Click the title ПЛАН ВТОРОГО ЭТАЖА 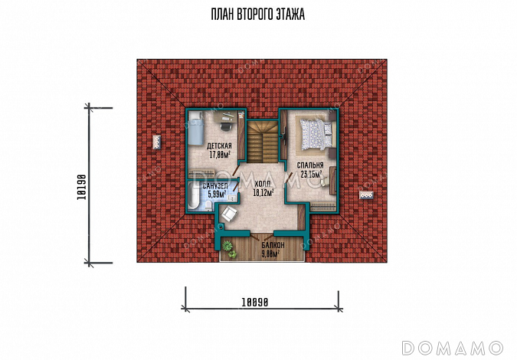pyautogui.click(x=258, y=15)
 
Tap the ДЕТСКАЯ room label pyautogui.click(x=219, y=146)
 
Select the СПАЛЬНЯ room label pyautogui.click(x=310, y=165)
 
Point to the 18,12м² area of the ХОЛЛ pyautogui.click(x=263, y=193)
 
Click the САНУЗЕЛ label pyautogui.click(x=215, y=187)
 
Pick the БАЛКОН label pyautogui.click(x=273, y=246)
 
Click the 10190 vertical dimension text pyautogui.click(x=81, y=187)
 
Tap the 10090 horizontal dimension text pyautogui.click(x=255, y=302)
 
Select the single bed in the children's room pyautogui.click(x=195, y=129)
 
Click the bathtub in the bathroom pyautogui.click(x=192, y=196)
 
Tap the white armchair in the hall pyautogui.click(x=228, y=214)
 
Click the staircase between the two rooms pyautogui.click(x=263, y=142)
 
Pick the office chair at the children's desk pyautogui.click(x=225, y=126)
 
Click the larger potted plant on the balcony pyautogui.click(x=227, y=246)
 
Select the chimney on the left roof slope pyautogui.click(x=156, y=142)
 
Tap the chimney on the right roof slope pyautogui.click(x=366, y=195)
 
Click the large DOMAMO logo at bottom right pyautogui.click(x=453, y=348)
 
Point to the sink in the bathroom pyautogui.click(x=232, y=198)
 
